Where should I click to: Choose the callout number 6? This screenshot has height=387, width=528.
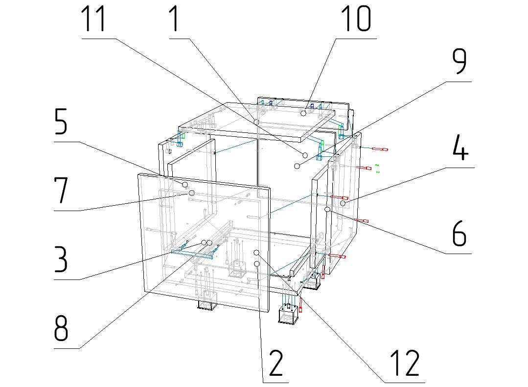(458, 236)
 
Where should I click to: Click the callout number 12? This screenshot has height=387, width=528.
(404, 363)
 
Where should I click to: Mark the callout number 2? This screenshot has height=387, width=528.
(275, 363)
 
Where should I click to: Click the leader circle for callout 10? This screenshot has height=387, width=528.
(303, 113)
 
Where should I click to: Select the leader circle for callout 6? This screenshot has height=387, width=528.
(327, 209)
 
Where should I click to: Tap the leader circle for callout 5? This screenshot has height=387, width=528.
(185, 184)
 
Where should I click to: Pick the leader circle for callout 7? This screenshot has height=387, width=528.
(191, 193)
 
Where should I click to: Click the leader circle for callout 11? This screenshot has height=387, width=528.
(305, 154)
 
